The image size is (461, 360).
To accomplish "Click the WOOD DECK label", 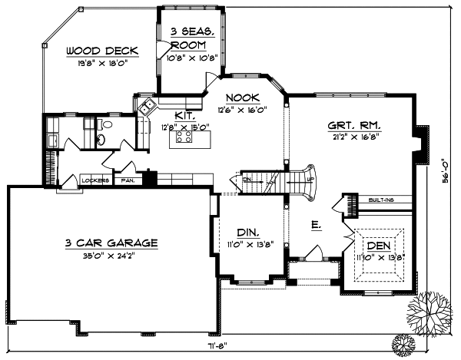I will click(x=101, y=51).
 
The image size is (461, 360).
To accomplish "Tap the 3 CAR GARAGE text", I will click(x=111, y=243).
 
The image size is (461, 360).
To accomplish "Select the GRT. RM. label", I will click(x=355, y=125).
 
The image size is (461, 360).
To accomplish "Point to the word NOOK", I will click(x=244, y=97).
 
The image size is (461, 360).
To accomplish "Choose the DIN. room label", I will click(x=247, y=232).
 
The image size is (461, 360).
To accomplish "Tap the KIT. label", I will click(x=172, y=114).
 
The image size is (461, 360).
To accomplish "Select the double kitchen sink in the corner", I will click(x=147, y=107).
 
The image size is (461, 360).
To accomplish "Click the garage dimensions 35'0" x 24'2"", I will click(x=111, y=257).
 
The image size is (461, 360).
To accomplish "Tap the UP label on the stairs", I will click(x=310, y=180).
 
